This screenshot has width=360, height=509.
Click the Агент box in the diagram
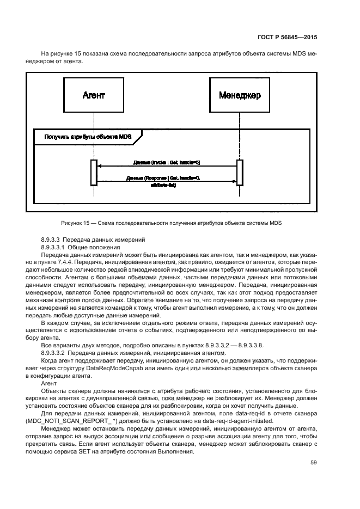point(94,95)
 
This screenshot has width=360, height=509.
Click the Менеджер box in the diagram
point(240,95)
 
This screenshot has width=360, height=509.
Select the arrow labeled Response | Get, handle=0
point(167,181)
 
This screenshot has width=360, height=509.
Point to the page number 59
point(313,463)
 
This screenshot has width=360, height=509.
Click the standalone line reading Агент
point(49,384)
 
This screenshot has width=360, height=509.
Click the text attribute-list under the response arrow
point(163,185)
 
